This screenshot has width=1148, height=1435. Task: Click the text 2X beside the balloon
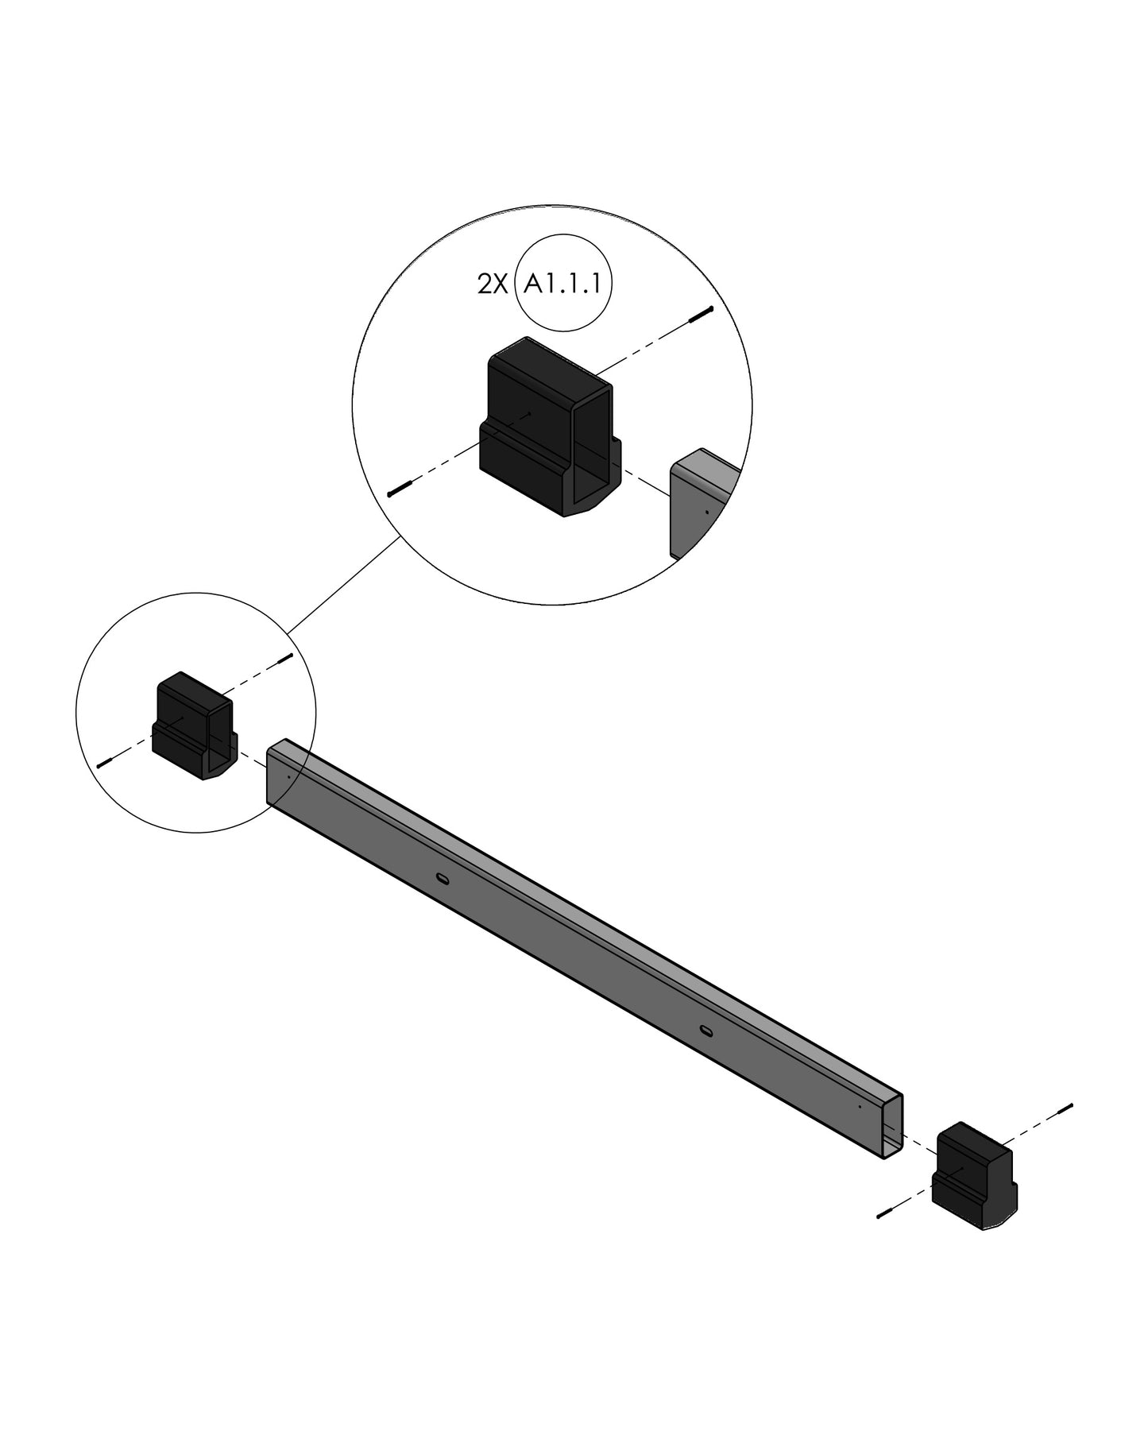491,284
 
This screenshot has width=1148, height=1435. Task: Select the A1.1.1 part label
563,284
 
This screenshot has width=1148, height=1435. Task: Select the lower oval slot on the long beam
705,1031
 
